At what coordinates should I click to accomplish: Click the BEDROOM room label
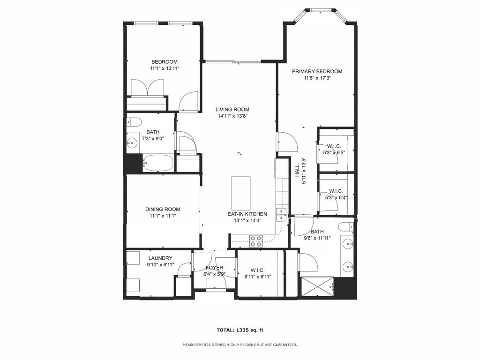pos(164,62)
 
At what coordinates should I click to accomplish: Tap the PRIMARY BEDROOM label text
pos(317,71)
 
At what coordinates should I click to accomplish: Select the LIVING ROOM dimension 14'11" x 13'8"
pos(232,116)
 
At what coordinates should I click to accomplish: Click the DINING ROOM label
pos(162,210)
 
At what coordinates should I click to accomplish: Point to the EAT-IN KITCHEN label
pos(247,214)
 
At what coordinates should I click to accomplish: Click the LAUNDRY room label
pos(160,258)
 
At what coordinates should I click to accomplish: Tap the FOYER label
pos(214,268)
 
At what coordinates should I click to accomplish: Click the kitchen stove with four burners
pos(256,241)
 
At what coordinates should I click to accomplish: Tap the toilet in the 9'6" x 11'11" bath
pos(346,227)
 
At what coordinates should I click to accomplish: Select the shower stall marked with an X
pos(317,287)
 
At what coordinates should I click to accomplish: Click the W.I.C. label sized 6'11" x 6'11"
pos(257,270)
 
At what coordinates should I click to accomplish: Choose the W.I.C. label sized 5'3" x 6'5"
pos(335,146)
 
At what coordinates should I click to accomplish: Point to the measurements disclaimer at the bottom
pos(240,345)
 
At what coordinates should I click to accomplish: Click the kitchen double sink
pos(281,214)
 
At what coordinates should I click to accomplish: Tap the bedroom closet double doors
pos(148,88)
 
